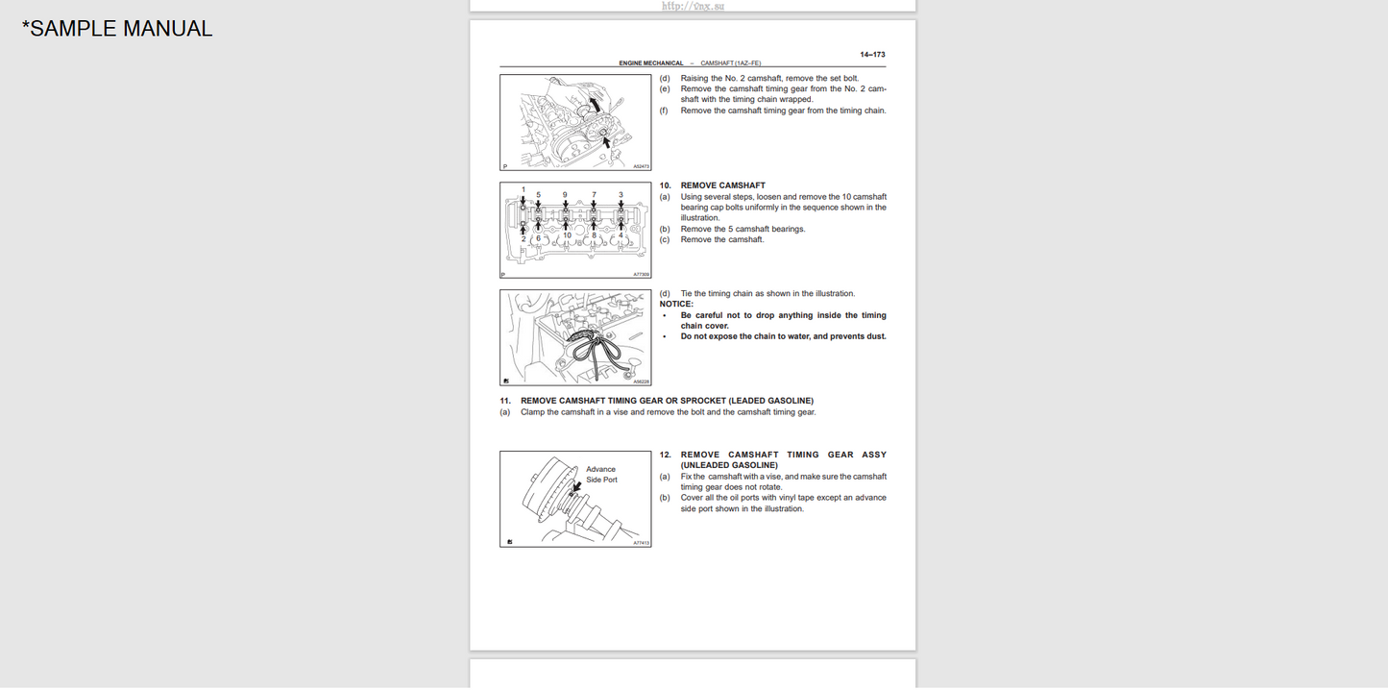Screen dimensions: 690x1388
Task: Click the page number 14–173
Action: (872, 55)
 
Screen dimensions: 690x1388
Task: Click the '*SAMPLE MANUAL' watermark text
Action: (117, 29)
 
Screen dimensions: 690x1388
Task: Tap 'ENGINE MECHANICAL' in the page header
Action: (651, 63)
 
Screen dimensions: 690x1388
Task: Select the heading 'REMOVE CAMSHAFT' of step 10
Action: (722, 185)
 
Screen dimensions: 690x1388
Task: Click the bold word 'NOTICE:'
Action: (676, 305)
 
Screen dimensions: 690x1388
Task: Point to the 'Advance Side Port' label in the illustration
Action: (601, 475)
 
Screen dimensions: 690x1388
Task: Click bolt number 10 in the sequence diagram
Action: (567, 235)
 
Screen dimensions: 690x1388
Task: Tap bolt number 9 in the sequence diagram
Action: (565, 195)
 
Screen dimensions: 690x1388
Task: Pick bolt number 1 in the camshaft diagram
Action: (524, 190)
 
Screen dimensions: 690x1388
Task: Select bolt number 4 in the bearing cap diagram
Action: (621, 235)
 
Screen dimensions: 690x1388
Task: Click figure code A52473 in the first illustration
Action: (641, 166)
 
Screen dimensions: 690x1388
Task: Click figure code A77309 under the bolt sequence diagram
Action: (641, 274)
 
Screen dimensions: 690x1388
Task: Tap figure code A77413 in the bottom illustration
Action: (641, 543)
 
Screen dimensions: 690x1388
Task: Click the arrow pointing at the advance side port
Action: (576, 489)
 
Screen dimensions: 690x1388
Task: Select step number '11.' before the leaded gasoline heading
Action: (504, 401)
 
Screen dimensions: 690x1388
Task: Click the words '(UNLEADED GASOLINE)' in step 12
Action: (729, 465)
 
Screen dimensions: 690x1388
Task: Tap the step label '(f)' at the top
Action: (664, 111)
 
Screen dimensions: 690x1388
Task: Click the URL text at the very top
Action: (693, 6)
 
